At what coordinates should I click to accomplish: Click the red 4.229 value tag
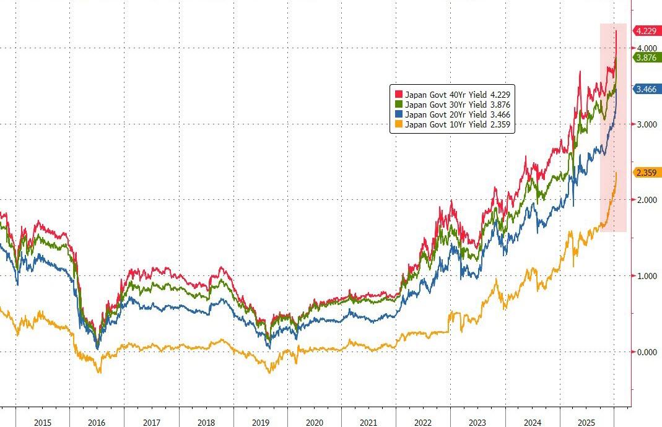tap(646, 30)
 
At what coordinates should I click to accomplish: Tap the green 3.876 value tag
tap(646, 58)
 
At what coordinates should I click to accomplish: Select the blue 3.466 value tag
tap(646, 90)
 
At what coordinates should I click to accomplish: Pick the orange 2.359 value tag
tap(646, 173)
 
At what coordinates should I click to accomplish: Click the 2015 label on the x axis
tap(43, 422)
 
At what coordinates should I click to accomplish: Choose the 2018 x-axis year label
tap(206, 422)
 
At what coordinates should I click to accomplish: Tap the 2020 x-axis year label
tap(315, 422)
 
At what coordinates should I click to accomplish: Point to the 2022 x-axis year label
tap(423, 422)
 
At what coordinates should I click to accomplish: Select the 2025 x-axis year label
tap(586, 422)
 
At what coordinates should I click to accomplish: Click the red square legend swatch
tap(398, 94)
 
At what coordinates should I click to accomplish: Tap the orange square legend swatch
tap(398, 125)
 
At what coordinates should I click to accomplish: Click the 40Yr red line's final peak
tap(616, 29)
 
